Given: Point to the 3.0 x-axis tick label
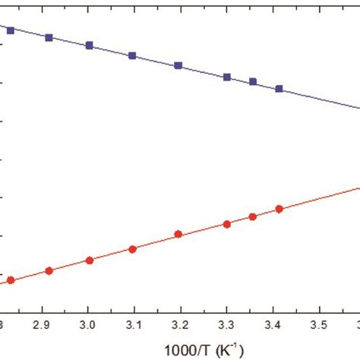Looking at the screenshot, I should (x=88, y=324).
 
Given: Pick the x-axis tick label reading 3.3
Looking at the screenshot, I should (x=226, y=324).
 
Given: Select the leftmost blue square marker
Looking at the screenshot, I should (x=10, y=30).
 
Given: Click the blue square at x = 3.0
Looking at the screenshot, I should (x=89, y=46).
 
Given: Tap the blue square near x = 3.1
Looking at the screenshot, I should (x=132, y=55).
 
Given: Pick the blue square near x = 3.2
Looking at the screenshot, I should (x=178, y=65).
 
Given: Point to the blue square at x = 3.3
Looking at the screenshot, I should (x=227, y=77).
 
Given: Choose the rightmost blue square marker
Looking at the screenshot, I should (x=279, y=89).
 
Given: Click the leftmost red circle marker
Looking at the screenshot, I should (x=11, y=280).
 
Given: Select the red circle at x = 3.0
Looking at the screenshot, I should (x=89, y=260).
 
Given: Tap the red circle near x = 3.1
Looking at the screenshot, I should (x=132, y=249).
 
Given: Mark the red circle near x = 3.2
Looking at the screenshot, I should (x=178, y=235).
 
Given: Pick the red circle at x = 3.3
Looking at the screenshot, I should (x=227, y=224).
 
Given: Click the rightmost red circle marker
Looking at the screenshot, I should (x=279, y=209).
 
